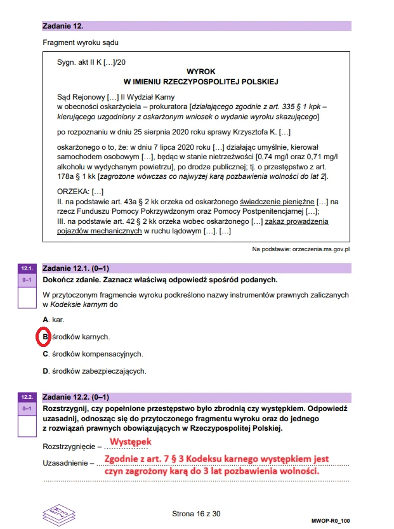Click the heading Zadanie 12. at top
[x=63, y=27]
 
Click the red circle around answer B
[x=44, y=337]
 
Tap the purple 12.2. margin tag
[x=27, y=397]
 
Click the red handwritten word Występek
[x=131, y=442]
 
